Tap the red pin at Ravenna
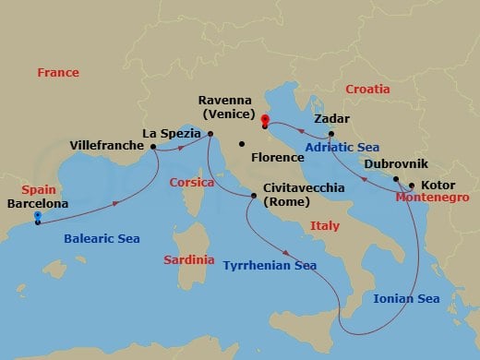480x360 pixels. point(265,119)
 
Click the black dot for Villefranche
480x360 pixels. point(152,146)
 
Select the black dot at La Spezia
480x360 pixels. point(210,135)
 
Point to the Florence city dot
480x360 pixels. point(240,144)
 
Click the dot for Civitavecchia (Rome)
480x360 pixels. point(255,196)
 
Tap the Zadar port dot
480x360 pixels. point(330,134)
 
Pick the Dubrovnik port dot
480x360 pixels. point(395,179)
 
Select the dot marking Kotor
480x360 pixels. point(411,185)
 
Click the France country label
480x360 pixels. point(58,72)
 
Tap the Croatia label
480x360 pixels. point(367,89)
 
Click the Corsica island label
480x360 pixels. point(193,183)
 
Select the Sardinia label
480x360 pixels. point(189,260)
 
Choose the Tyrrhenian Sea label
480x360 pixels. point(270,265)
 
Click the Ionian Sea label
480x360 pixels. point(406,298)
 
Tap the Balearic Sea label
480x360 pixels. point(102,239)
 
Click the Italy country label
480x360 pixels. point(325,225)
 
